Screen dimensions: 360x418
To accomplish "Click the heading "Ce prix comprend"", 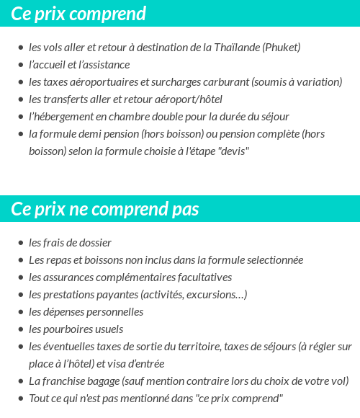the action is pos(78,14).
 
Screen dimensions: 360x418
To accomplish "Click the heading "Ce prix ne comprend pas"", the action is pos(105,209).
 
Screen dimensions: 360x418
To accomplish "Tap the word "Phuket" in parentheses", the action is pos(280,48).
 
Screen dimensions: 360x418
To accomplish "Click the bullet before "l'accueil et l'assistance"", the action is pos(21,65).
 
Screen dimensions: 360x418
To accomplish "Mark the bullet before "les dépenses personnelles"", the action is pos(21,312).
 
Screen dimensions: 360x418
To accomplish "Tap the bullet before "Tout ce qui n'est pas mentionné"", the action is pos(21,399).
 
